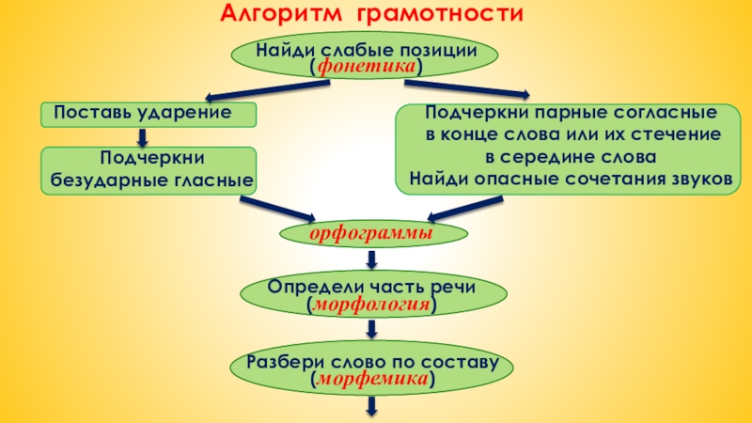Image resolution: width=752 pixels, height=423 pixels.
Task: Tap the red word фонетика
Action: click(368, 68)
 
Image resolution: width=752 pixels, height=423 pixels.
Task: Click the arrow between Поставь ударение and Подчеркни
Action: click(142, 136)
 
